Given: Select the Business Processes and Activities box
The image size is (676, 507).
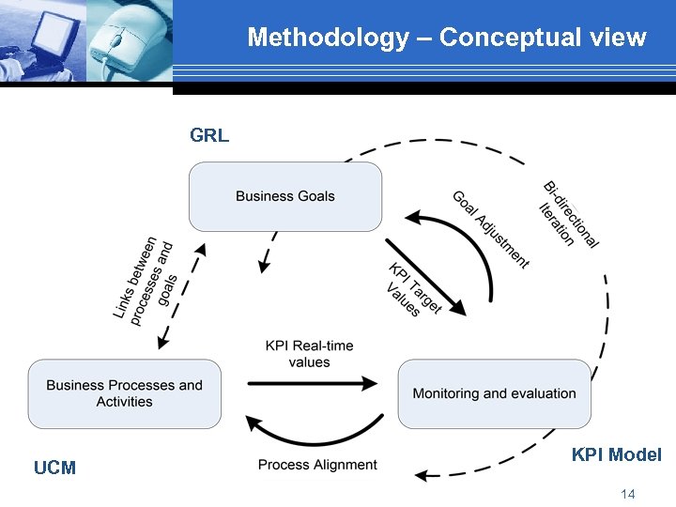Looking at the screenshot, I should [124, 393].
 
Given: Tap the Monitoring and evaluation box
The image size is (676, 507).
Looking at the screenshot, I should [494, 393].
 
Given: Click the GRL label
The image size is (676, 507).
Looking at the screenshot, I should [208, 136].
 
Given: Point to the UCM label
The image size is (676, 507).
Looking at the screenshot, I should [54, 468].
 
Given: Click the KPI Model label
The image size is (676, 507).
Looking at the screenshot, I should [616, 455].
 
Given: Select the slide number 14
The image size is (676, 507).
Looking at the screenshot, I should [628, 494].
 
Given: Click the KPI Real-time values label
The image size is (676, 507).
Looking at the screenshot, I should [309, 353].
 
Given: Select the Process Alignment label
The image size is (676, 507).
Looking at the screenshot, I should [317, 465].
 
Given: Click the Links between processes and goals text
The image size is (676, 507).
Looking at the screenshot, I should [145, 282].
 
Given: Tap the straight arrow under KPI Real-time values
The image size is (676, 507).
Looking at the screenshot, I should [312, 382].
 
